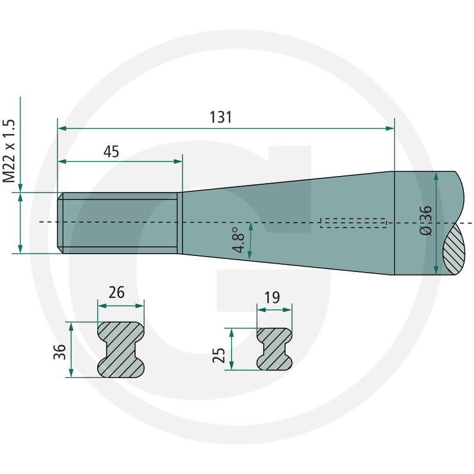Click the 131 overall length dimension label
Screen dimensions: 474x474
[x=220, y=117]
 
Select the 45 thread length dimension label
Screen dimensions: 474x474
[x=111, y=152]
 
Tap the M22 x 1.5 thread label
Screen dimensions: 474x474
[x=9, y=151]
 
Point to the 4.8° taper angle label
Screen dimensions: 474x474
[x=239, y=240]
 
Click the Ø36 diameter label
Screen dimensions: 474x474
[x=426, y=220]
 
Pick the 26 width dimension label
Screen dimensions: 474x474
[x=116, y=293]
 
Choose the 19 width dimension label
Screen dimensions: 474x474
[x=272, y=297]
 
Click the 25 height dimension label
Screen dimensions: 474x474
[x=219, y=355]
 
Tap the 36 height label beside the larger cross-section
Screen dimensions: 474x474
[x=60, y=352]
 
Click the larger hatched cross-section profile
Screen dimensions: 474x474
[x=121, y=350]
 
